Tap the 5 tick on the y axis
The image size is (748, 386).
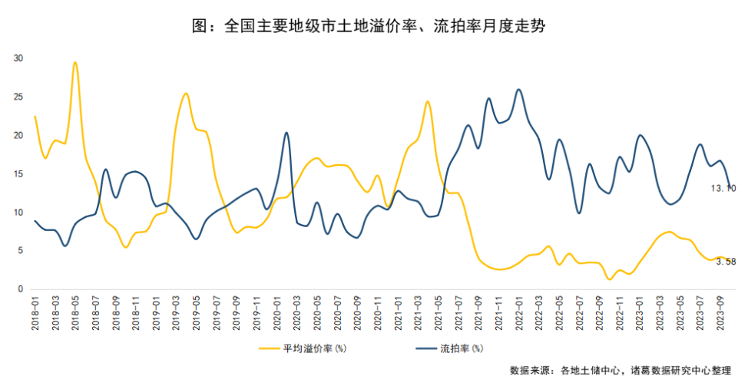(21, 251)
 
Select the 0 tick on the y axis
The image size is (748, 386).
(21, 289)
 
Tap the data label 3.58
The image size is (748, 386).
(726, 262)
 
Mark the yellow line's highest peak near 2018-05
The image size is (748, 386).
(75, 62)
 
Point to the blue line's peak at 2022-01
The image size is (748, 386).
(519, 89)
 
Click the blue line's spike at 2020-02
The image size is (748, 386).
(286, 133)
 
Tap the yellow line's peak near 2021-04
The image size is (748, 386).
(427, 101)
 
